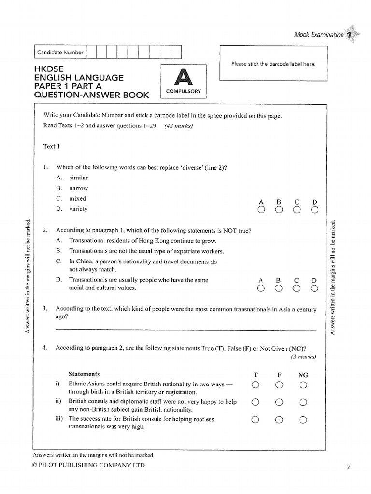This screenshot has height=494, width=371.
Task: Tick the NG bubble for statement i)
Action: (x=303, y=384)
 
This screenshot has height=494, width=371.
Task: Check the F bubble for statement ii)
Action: (x=279, y=402)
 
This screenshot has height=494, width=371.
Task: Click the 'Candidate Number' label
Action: (x=60, y=52)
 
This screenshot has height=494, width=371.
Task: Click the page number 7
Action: (x=348, y=467)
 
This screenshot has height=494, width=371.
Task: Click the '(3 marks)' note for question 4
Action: (x=303, y=357)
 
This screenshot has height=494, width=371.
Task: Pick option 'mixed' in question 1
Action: (x=77, y=199)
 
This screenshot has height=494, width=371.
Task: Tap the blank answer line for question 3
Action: (x=186, y=330)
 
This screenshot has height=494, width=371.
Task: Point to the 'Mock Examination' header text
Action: (x=319, y=35)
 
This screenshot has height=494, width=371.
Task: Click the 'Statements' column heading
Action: (x=84, y=374)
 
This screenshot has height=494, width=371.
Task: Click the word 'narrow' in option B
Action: (x=79, y=188)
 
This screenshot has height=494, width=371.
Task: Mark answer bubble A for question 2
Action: (x=261, y=288)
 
